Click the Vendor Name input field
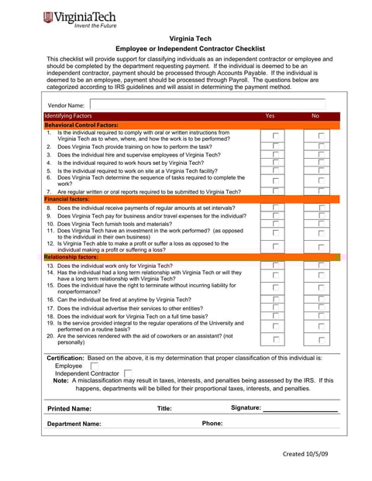[213, 105]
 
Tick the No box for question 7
[321, 191]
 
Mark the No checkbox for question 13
[321, 265]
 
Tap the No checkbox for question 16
[321, 299]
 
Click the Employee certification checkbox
[95, 366]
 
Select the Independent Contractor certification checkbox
[128, 373]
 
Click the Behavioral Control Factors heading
[81, 124]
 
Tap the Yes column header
[270, 115]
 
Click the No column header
[315, 115]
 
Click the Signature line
[300, 409]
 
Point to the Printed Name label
[69, 408]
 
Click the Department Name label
[74, 424]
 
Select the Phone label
[212, 424]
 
